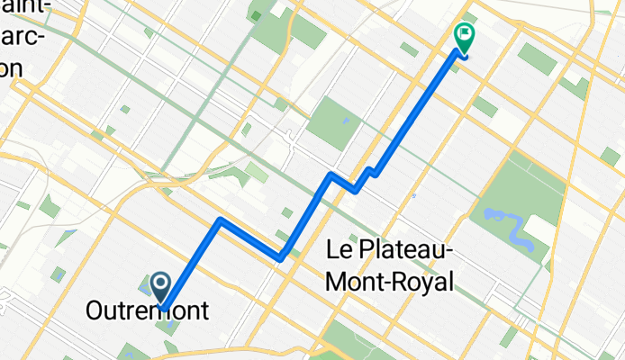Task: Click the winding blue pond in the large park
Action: click(x=511, y=229)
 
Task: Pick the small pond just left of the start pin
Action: click(x=145, y=287)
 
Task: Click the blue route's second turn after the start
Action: click(x=282, y=258)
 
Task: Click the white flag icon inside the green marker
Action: click(x=466, y=36)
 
